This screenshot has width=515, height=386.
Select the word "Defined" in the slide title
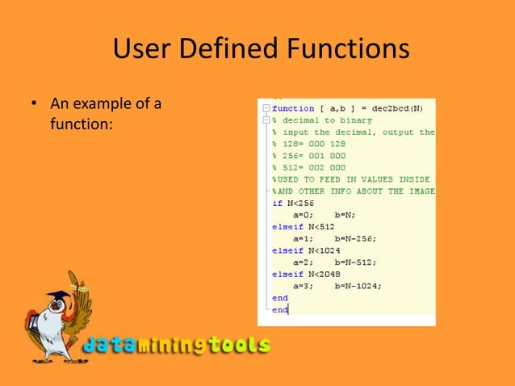pos(227,50)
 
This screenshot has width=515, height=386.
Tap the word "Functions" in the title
pos(347,50)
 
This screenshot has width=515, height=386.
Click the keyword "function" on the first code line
pos(293,108)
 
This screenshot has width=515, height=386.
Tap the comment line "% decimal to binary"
pos(321,120)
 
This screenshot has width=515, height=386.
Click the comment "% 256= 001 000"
pos(308,156)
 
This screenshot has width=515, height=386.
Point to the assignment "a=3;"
pos(304,286)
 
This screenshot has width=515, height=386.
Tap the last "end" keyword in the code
pos(280,309)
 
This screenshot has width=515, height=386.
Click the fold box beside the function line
pos(264,108)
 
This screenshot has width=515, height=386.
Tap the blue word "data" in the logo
pos(112,346)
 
